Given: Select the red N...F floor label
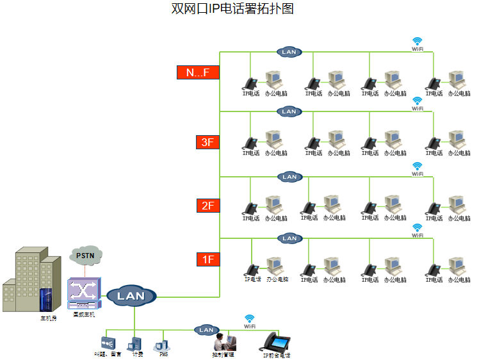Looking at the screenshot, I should [198, 72].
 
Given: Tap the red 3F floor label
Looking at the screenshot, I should [207, 142].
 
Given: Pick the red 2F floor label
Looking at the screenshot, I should [207, 206].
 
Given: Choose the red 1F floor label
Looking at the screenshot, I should [207, 259].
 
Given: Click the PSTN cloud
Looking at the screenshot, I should [85, 256].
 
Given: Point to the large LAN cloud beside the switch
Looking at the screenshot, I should [131, 295].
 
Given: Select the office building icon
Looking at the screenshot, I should [29, 282].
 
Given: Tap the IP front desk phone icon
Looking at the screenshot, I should [277, 341].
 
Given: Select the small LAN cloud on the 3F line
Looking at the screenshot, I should [289, 111].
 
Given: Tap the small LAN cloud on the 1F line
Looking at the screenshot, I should [289, 238].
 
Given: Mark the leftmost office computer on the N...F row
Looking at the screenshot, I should [274, 79].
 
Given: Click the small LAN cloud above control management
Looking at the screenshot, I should [206, 330].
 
